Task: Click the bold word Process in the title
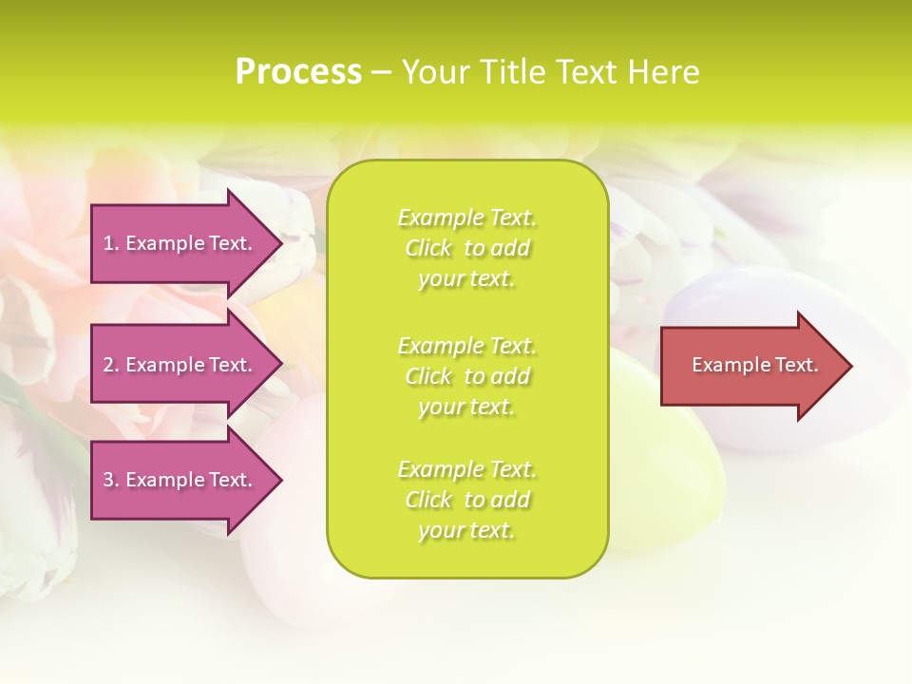tap(298, 72)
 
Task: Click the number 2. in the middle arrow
tap(111, 365)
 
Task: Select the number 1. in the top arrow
tap(111, 243)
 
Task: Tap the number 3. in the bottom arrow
tap(111, 480)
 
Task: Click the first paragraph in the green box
tap(466, 248)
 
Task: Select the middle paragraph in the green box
tap(466, 375)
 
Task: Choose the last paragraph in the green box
tap(466, 500)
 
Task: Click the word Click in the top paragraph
tap(428, 248)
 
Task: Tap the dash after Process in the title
tap(381, 72)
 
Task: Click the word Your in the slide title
tap(434, 72)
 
